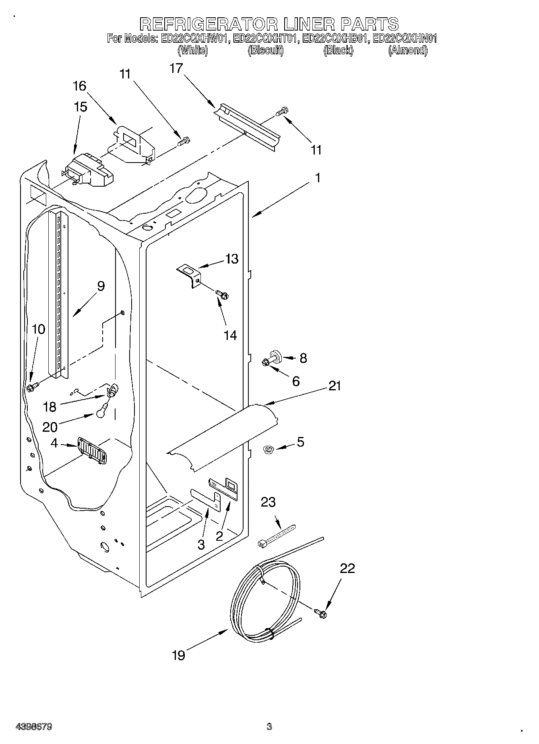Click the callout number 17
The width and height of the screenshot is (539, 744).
tap(176, 68)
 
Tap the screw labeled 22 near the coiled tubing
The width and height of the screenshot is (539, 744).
tap(321, 613)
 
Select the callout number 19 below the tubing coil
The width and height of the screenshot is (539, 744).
tap(178, 655)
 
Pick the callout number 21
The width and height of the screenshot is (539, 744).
tap(335, 386)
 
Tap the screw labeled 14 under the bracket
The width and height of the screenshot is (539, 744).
tap(221, 295)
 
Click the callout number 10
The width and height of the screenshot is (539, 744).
tap(39, 329)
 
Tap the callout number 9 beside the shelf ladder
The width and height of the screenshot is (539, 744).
tap(101, 286)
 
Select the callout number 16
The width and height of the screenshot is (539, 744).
tap(80, 86)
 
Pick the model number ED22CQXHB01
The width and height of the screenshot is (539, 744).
tap(335, 39)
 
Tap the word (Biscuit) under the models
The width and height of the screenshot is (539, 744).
tap(266, 50)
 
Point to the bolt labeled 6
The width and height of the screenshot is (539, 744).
tap(266, 363)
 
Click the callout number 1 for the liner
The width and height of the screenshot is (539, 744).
tap(318, 177)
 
